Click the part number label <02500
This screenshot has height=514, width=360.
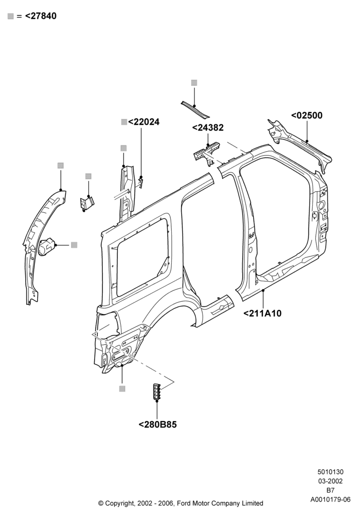(307, 115)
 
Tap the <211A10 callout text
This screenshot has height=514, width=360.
(262, 314)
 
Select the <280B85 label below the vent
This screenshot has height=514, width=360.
(158, 425)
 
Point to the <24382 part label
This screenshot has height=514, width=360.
(208, 127)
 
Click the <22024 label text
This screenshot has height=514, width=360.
(143, 122)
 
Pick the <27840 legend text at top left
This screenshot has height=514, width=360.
(41, 16)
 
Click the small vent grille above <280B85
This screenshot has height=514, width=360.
(156, 391)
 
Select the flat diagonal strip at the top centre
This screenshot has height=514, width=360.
(195, 109)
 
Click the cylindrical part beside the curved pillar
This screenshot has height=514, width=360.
(47, 247)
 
